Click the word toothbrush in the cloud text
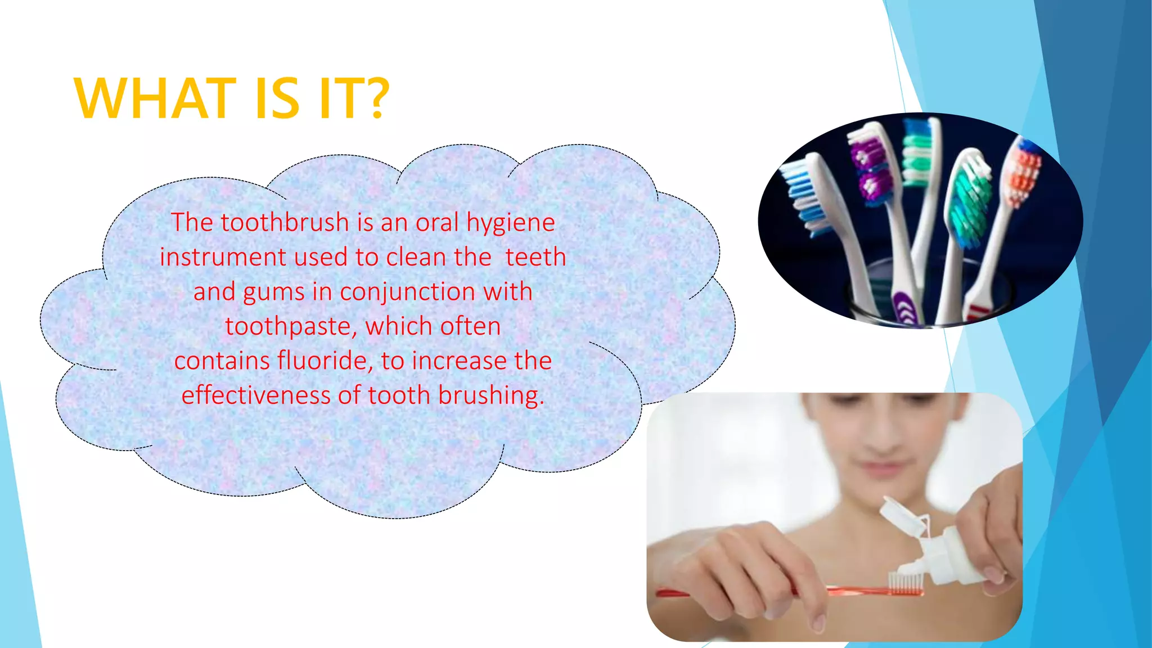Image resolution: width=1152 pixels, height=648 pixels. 285,223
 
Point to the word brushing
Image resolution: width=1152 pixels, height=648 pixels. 491,395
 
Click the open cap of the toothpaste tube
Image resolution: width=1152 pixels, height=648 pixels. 900,515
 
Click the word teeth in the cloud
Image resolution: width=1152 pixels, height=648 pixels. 535,258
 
